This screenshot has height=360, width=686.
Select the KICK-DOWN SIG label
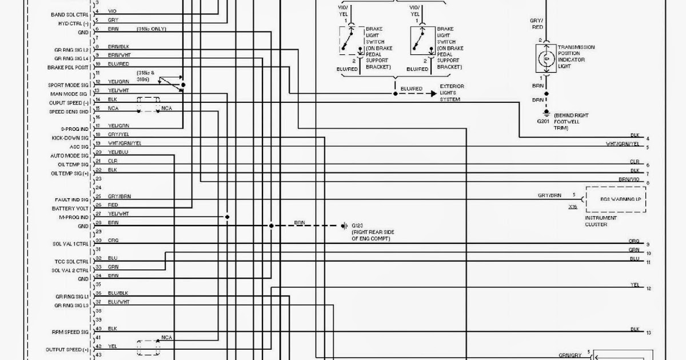point(70,138)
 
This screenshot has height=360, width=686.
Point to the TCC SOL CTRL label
point(70,261)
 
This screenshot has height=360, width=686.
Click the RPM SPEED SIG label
point(70,331)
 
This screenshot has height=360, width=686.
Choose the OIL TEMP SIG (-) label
point(71,165)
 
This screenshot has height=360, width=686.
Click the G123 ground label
point(358,226)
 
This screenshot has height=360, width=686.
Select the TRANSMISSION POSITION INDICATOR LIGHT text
point(576,57)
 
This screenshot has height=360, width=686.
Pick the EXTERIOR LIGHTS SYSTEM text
point(452,93)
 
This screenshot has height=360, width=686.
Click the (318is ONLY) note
point(151,29)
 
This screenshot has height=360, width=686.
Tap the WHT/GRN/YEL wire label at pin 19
point(125,143)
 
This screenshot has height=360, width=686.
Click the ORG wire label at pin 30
point(113,241)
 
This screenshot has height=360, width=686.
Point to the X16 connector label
point(572,206)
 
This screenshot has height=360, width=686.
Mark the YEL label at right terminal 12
point(635,285)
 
